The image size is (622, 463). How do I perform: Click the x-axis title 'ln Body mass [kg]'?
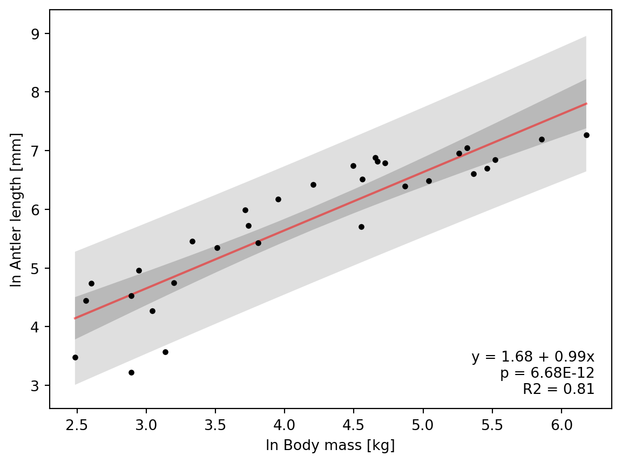(330, 446)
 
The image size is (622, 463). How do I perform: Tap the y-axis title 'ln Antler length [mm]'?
(17, 209)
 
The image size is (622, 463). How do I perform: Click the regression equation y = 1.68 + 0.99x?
(533, 357)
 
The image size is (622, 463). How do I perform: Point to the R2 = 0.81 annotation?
(558, 389)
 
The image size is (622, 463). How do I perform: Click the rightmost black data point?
(586, 135)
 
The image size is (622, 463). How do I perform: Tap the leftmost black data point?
(75, 357)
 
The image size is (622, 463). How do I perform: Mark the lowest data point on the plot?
(131, 372)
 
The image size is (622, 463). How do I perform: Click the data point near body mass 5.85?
(542, 139)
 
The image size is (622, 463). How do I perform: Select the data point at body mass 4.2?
(313, 185)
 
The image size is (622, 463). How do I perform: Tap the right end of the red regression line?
(586, 104)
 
